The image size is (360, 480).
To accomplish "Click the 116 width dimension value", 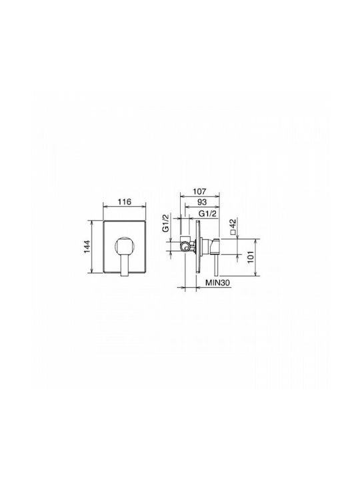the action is [125, 202].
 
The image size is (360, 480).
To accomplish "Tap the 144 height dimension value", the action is [87, 247].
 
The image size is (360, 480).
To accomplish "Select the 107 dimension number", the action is [200, 191].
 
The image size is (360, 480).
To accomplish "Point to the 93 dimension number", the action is [202, 202].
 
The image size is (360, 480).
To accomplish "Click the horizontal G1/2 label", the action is [207, 213].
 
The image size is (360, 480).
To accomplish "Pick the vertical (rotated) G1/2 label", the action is [165, 223].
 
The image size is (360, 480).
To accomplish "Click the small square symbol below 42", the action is [233, 232].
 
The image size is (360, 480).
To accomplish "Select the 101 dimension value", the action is [251, 257].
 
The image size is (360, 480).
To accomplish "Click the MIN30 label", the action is [217, 283].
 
